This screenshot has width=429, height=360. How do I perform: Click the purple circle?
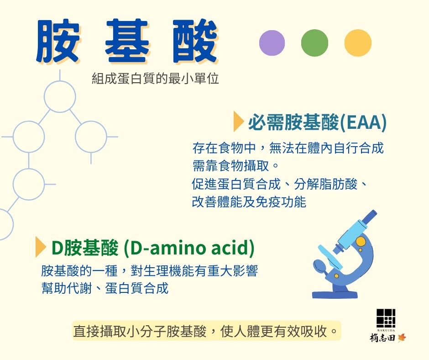pos(272,43)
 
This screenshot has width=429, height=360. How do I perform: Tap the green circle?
pos(314,43)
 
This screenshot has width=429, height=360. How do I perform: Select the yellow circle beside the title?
pos(358,43)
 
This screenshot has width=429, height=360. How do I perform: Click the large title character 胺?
pos(58,41)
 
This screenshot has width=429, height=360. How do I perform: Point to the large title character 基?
pos(127,41)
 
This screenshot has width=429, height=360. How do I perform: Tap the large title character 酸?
pos(195,41)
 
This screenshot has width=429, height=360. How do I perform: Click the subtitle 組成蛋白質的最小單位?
pos(155,79)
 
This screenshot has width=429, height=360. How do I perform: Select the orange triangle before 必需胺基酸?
pos(239,122)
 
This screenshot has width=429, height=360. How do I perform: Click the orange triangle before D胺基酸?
pos(41,247)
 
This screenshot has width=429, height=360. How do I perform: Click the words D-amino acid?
pos(189,248)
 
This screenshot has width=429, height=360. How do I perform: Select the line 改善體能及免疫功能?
pos(249,202)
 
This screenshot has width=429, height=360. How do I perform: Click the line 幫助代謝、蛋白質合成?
pos(105,288)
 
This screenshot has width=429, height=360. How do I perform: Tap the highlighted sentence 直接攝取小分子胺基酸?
pos(140,331)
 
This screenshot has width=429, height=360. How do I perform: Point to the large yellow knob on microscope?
pos(361,241)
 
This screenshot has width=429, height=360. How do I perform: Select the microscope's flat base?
pos(335,295)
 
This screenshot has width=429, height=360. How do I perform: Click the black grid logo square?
pos(386,318)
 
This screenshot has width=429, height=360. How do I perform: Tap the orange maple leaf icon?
pos(402,338)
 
